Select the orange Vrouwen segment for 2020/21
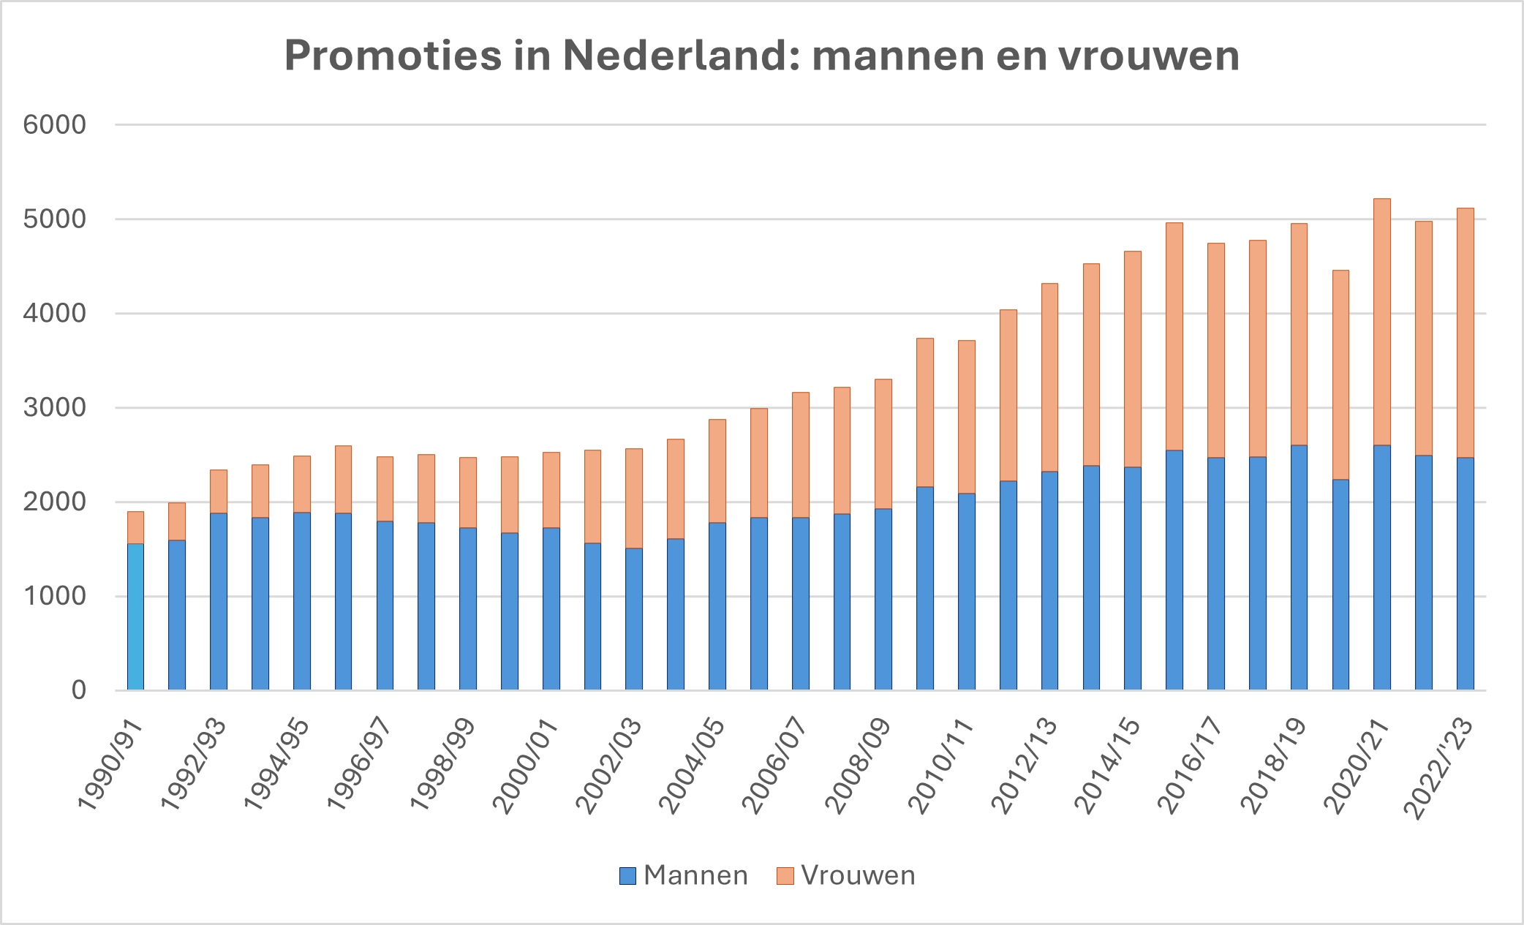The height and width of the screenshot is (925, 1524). pyautogui.click(x=1381, y=322)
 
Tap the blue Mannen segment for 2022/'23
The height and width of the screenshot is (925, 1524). pyautogui.click(x=1465, y=574)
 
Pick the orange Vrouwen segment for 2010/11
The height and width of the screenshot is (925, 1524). pyautogui.click(x=966, y=417)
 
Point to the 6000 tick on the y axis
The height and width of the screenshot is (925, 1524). pyautogui.click(x=55, y=125)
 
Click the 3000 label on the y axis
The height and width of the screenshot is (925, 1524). pyautogui.click(x=55, y=408)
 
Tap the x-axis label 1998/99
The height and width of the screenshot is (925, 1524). pyautogui.click(x=443, y=765)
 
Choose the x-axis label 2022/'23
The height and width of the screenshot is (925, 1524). pyautogui.click(x=1440, y=769)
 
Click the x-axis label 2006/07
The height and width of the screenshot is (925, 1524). pyautogui.click(x=775, y=765)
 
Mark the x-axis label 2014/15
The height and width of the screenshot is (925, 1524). pyautogui.click(x=1107, y=765)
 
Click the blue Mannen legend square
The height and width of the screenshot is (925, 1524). pyautogui.click(x=627, y=876)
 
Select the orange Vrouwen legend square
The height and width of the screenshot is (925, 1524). pyautogui.click(x=785, y=876)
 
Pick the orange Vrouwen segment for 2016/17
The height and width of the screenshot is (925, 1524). pyautogui.click(x=1215, y=350)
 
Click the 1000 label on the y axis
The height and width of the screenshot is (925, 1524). pyautogui.click(x=55, y=596)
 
